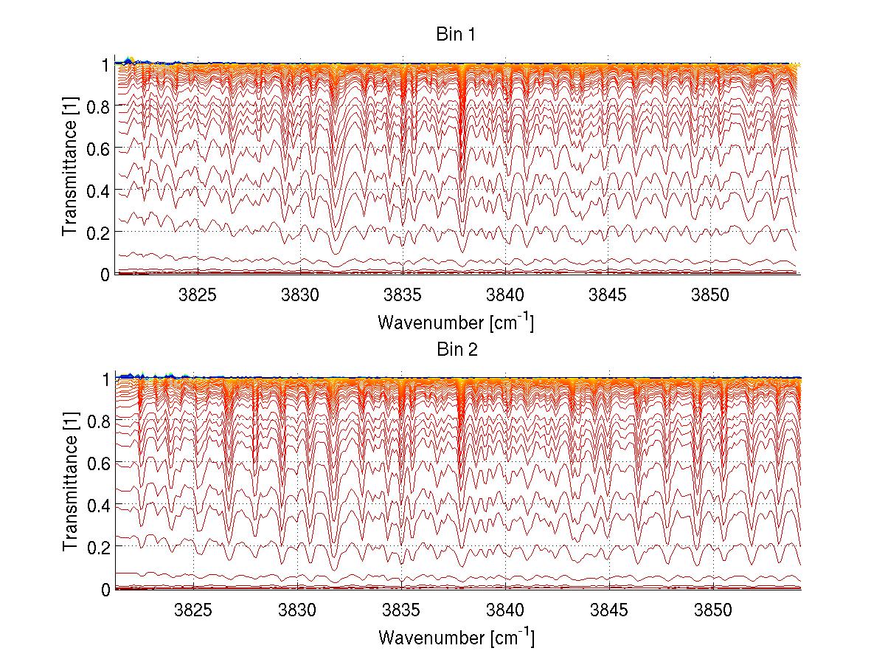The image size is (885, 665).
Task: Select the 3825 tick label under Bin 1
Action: (197, 295)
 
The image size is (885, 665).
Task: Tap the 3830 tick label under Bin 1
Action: (300, 295)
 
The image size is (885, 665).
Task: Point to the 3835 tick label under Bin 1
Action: (403, 295)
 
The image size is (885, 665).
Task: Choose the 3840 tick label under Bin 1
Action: (505, 295)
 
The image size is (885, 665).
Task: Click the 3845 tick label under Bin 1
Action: (608, 295)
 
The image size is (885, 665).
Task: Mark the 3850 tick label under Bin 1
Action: (710, 295)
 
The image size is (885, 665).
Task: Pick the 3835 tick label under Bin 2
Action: (401, 610)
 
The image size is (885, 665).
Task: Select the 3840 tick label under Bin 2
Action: (505, 610)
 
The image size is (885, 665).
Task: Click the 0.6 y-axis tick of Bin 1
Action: (100, 148)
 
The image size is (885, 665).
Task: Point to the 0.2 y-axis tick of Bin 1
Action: (100, 232)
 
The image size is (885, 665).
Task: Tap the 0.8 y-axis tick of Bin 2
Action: (100, 421)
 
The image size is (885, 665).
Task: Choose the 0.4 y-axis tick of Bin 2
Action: (100, 506)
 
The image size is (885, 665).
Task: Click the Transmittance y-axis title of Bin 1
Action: (70, 169)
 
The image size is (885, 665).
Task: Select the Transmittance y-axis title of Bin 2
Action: (70, 484)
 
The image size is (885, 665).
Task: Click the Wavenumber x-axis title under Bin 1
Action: (455, 323)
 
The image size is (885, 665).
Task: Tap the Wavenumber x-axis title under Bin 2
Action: (455, 638)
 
